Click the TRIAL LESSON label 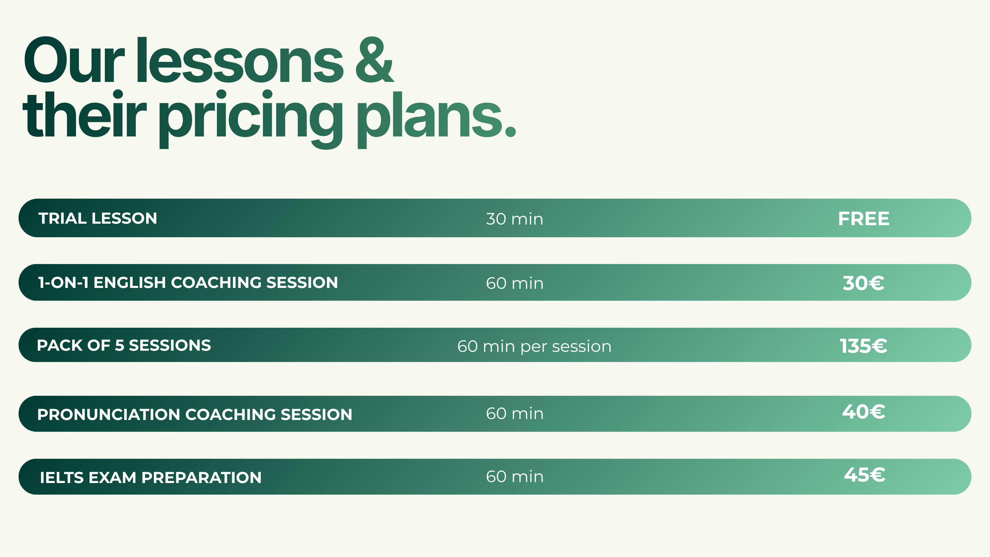pos(98,218)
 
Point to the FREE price pos(864,219)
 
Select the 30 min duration pos(515,219)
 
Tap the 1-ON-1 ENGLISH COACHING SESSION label pos(188,283)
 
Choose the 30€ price pos(864,283)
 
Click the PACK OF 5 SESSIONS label pos(124,345)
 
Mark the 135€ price pos(864,346)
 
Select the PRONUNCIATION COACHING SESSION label pos(194,414)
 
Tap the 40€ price pos(864,412)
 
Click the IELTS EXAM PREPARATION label pos(151,477)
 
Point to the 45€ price pos(864,475)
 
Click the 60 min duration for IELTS pos(515,477)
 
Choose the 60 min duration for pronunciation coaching pos(515,413)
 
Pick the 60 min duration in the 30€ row pos(515,283)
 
